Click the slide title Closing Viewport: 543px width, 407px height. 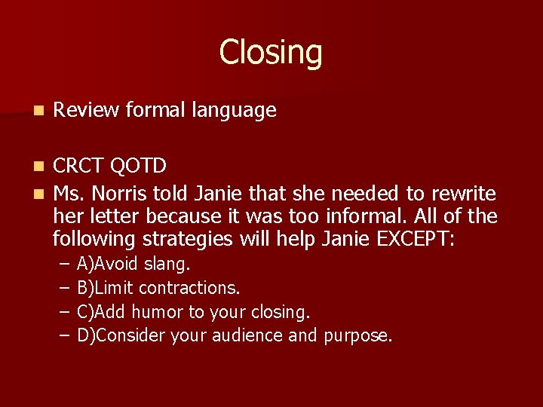[x=271, y=53]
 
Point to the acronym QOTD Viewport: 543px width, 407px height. [x=141, y=165]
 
